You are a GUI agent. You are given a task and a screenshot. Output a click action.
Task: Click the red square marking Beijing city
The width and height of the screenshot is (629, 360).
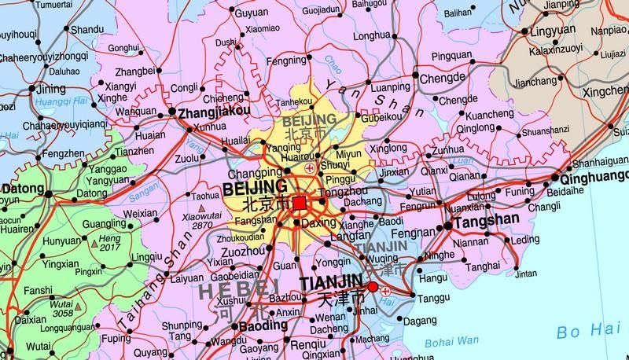pyautogui.click(x=299, y=204)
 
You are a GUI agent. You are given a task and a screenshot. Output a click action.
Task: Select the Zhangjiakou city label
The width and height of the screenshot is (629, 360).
pyautogui.click(x=215, y=112)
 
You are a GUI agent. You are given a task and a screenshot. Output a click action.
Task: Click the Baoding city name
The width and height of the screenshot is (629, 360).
pyautogui.click(x=262, y=324)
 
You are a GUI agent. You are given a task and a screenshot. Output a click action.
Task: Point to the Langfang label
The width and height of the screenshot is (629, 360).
pyautogui.click(x=351, y=236)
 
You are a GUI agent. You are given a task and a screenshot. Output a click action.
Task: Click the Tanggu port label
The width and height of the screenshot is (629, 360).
pyautogui.click(x=432, y=299)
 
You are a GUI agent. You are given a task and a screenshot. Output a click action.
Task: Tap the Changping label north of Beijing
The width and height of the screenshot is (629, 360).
pyautogui.click(x=253, y=173)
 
